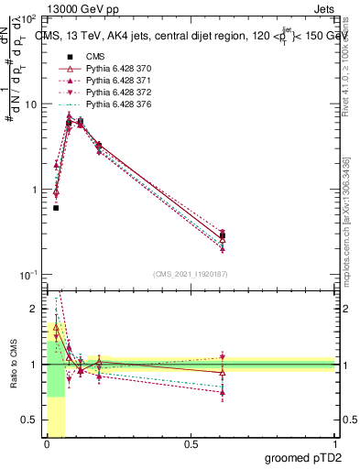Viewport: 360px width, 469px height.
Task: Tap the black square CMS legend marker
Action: pyautogui.click(x=70, y=57)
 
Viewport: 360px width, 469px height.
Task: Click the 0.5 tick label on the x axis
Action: pyautogui.click(x=191, y=443)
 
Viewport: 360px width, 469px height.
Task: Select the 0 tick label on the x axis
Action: pyautogui.click(x=47, y=443)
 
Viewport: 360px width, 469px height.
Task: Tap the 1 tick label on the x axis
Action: pyautogui.click(x=334, y=443)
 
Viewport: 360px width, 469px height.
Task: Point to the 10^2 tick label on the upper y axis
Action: pyautogui.click(x=30, y=18)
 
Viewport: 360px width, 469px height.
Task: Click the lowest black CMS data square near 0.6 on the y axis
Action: pyautogui.click(x=56, y=208)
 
